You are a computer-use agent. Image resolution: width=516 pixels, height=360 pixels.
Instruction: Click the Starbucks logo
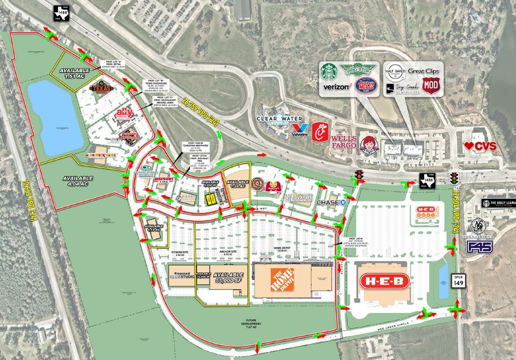(x=331, y=72)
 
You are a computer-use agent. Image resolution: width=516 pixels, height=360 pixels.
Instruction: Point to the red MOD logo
(x=431, y=86)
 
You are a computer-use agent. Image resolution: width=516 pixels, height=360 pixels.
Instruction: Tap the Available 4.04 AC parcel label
(x=76, y=179)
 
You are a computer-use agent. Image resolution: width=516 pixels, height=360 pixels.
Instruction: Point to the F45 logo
(x=479, y=246)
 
